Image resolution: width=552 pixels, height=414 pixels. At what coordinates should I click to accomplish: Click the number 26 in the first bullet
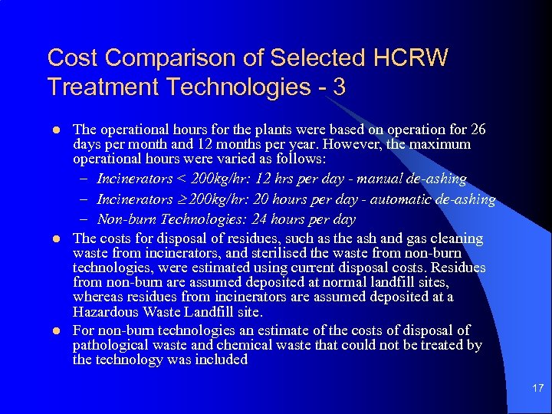pos(477,129)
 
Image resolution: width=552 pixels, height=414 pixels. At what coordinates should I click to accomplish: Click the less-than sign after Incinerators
pos(181,179)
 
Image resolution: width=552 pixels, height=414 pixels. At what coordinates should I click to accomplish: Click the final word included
pos(220,360)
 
